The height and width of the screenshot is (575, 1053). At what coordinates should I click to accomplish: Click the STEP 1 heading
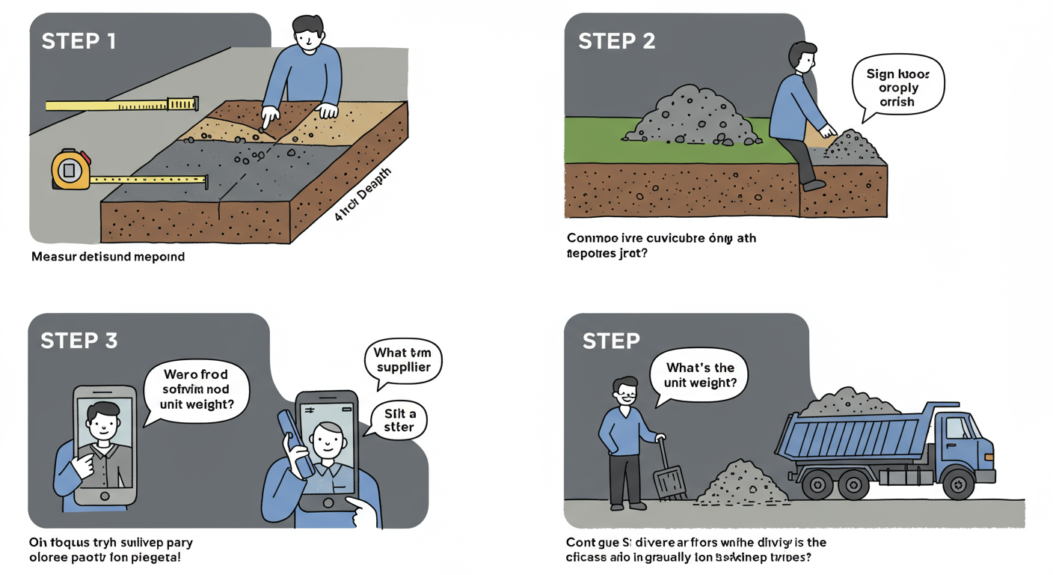pyautogui.click(x=79, y=40)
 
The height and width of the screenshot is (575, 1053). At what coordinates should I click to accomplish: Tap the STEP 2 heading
pyautogui.click(x=616, y=41)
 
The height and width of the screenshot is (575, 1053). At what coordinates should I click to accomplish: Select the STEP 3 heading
pyautogui.click(x=79, y=341)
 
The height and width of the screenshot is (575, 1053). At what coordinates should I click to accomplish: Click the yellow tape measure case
pyautogui.click(x=70, y=169)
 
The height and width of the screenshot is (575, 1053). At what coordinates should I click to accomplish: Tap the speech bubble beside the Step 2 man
pyautogui.click(x=897, y=88)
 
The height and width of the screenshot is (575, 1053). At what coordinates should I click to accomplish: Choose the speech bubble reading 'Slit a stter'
pyautogui.click(x=399, y=421)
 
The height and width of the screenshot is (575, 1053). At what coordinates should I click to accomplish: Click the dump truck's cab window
pyautogui.click(x=957, y=428)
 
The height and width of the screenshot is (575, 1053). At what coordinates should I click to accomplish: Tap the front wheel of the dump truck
pyautogui.click(x=959, y=484)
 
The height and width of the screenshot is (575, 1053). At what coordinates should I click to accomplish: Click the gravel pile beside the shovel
pyautogui.click(x=741, y=484)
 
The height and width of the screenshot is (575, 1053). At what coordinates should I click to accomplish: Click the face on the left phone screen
pyautogui.click(x=103, y=423)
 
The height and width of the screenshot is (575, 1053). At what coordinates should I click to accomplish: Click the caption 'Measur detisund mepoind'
pyautogui.click(x=108, y=257)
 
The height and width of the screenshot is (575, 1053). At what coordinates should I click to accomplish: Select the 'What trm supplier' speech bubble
pyautogui.click(x=402, y=360)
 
